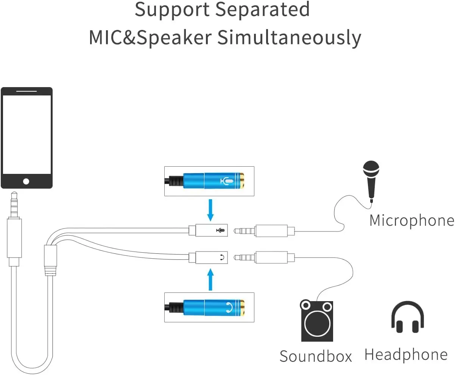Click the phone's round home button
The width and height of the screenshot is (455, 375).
[26, 181]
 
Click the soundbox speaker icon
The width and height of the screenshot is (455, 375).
[317, 321]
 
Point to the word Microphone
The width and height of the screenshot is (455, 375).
[411, 220]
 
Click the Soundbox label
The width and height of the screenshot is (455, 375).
[316, 356]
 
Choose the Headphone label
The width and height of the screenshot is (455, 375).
[406, 355]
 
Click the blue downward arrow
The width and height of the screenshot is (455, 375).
[211, 211]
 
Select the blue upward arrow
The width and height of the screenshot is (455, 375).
[211, 280]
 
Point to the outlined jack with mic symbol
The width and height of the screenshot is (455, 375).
[208, 230]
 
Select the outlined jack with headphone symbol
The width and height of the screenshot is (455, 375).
[208, 258]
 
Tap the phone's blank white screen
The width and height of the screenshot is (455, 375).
[26, 134]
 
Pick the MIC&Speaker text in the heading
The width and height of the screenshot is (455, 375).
[150, 38]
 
